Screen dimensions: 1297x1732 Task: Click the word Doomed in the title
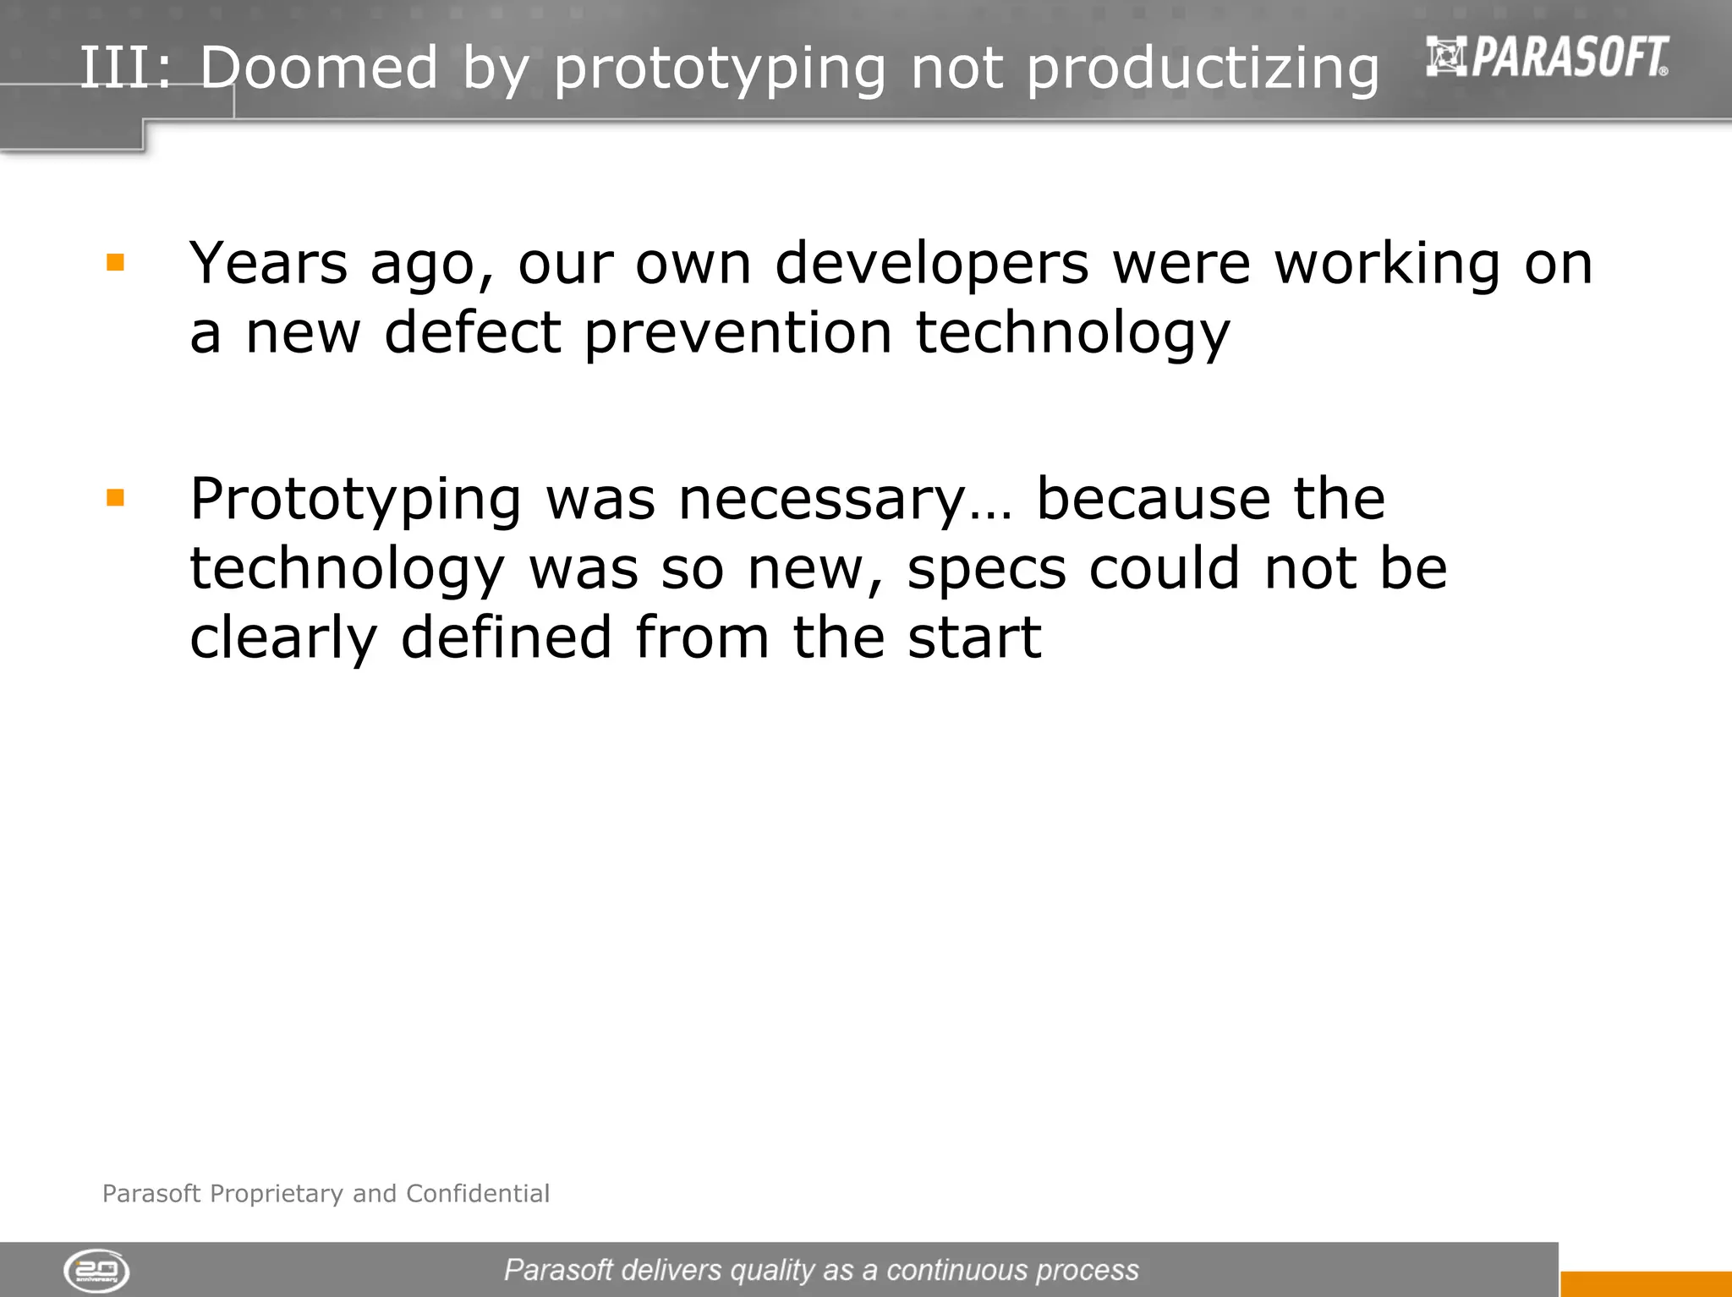319,67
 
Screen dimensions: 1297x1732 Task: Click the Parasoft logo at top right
1547,57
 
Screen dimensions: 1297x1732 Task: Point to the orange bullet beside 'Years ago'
115,262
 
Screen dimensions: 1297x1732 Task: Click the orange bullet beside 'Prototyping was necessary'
115,497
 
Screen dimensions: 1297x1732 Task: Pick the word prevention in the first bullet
737,334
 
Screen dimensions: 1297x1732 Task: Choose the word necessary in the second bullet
821,501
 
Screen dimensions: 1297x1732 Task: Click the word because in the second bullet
1153,499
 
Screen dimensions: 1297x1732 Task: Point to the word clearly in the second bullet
282,639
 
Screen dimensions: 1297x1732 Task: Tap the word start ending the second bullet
973,638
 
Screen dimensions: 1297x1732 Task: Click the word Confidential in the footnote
478,1193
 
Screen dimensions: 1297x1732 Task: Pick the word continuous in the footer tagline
956,1270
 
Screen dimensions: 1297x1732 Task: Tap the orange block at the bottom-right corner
1645,1283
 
